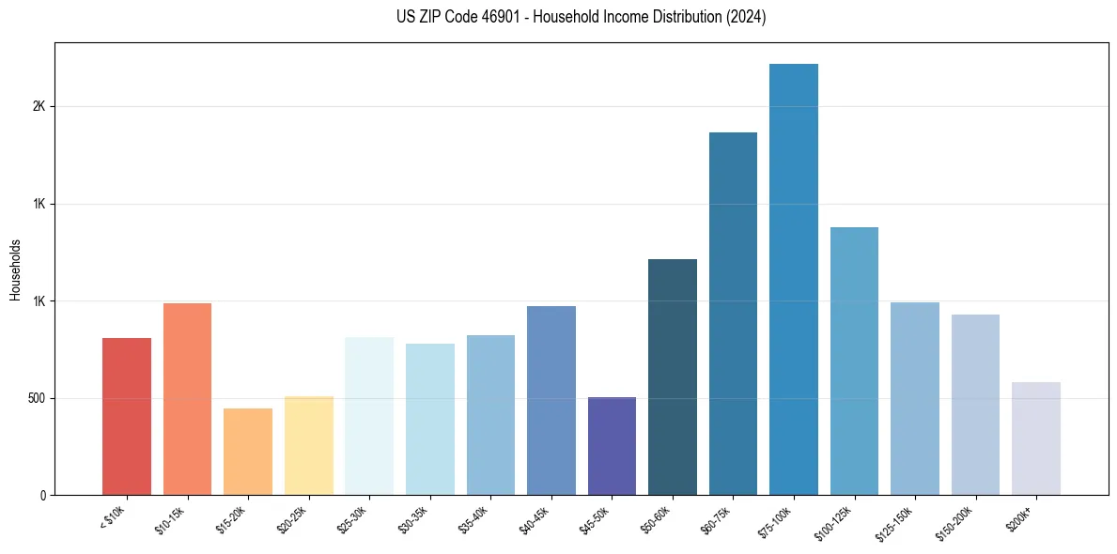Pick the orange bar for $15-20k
[x=248, y=452]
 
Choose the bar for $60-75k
[x=733, y=314]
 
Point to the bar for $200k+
[x=1036, y=439]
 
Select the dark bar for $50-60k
[x=673, y=377]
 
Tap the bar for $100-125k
[x=854, y=361]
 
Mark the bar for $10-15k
[x=187, y=399]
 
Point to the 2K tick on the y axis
[x=39, y=107]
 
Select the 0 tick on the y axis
[x=43, y=495]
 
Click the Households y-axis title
[x=16, y=269]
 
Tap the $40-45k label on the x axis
[x=535, y=519]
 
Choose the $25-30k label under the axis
[x=352, y=519]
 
